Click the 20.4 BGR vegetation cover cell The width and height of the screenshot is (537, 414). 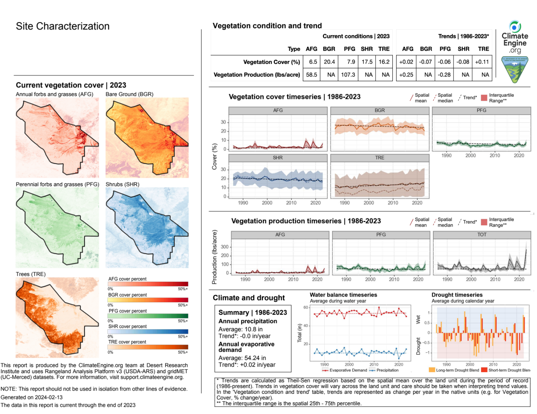tap(329, 62)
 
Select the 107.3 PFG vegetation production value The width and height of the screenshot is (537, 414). tap(348, 75)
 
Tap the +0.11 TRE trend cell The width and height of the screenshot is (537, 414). tap(482, 62)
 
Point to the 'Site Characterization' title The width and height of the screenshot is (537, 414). tap(63, 26)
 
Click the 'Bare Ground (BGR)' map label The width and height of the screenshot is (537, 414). tap(129, 94)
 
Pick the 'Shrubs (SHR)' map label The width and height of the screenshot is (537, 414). tap(122, 184)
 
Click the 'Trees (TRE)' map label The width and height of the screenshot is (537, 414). tap(31, 274)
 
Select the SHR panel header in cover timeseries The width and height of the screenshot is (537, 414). tap(278, 158)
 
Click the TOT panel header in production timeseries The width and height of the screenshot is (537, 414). tap(482, 235)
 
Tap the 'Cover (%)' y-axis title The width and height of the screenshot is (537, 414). tap(214, 157)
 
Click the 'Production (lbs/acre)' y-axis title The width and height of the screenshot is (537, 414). tap(214, 257)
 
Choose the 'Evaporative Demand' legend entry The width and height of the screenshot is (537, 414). tap(348, 370)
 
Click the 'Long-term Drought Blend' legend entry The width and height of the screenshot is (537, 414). tap(457, 370)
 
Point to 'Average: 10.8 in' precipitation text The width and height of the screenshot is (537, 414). tap(241, 329)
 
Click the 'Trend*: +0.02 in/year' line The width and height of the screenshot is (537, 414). tap(247, 365)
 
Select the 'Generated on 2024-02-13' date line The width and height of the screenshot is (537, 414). tap(32, 397)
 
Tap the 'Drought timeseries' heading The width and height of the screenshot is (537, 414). tap(457, 295)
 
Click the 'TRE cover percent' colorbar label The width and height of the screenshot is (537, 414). tap(127, 342)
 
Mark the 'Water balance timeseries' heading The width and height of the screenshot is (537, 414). tap(343, 295)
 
